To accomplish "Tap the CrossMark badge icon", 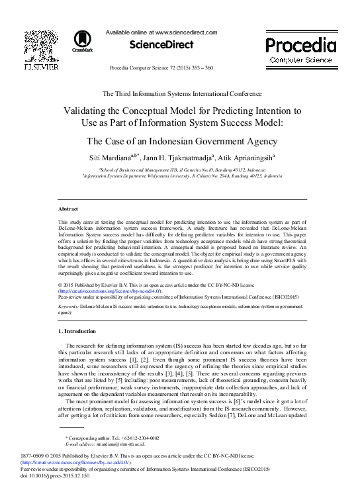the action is [82, 40].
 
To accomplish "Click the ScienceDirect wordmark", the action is [161, 44].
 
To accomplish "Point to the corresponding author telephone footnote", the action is [112, 438].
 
